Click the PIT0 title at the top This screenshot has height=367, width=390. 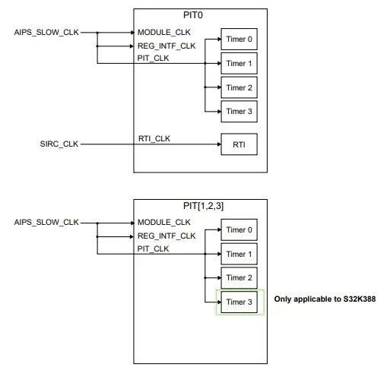[193, 15]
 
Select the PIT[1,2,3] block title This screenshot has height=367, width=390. [203, 206]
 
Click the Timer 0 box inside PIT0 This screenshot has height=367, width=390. [239, 39]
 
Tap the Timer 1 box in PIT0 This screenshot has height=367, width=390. [239, 63]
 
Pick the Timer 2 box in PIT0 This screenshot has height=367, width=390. [239, 87]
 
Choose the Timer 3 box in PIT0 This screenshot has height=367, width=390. [239, 112]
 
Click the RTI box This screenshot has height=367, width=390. [239, 144]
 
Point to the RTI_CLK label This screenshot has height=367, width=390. [154, 139]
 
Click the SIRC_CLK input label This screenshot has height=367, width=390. [59, 144]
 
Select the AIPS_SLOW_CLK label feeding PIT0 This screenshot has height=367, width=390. [46, 33]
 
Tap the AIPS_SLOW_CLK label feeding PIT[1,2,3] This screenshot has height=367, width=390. [46, 223]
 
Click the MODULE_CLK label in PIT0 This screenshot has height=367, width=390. [163, 32]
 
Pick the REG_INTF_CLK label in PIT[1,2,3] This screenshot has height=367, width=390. [166, 236]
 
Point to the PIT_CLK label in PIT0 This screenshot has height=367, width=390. [153, 59]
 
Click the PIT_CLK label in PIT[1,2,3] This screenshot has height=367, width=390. [153, 248]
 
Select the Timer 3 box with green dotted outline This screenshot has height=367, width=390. [239, 302]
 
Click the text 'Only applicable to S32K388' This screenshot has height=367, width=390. [325, 299]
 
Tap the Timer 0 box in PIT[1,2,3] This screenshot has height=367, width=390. [239, 229]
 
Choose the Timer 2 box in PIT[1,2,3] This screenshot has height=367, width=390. [239, 278]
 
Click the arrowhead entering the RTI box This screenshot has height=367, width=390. [219, 144]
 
